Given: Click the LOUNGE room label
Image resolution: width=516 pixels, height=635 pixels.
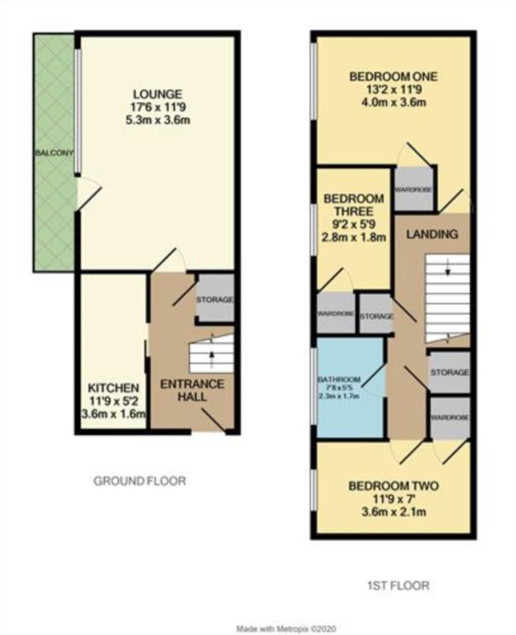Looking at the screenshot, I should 158,94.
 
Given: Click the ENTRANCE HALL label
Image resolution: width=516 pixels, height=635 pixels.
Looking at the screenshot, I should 192,391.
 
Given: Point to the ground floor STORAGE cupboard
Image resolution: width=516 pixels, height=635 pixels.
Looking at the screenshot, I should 215,300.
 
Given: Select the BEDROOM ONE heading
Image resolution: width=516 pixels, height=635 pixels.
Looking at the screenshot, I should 394,77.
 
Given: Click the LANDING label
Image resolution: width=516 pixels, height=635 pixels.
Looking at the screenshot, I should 432,234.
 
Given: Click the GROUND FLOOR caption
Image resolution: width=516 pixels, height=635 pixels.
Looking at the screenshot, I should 140,481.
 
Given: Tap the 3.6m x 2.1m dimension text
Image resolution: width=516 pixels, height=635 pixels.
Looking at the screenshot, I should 394,512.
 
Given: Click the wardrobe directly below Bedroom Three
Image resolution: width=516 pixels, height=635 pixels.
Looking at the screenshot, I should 336,314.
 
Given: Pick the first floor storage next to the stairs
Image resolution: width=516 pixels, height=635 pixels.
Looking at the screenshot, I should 450,372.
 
